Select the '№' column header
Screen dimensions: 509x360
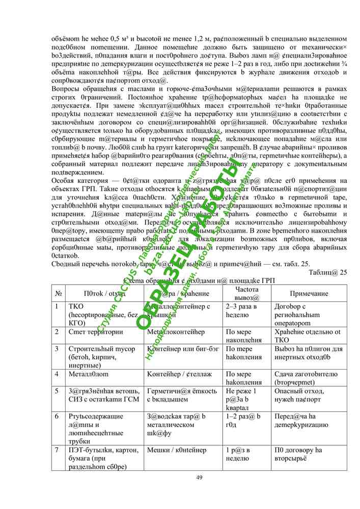click(x=59, y=294)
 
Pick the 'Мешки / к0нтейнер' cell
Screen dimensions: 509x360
click(x=177, y=450)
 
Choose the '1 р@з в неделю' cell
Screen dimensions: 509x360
click(x=242, y=454)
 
